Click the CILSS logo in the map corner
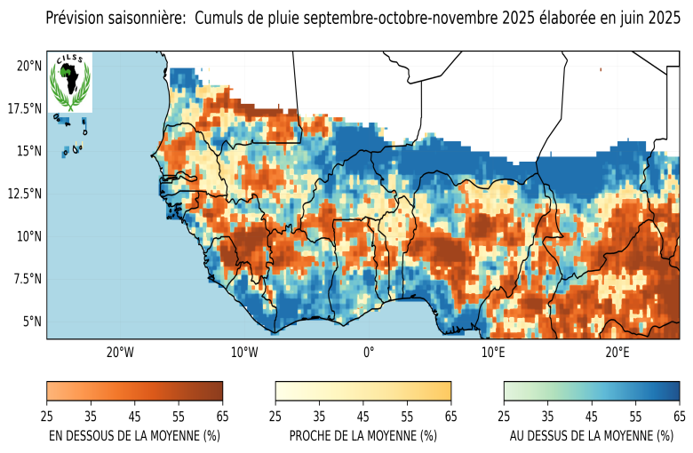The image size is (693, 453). click(x=69, y=82)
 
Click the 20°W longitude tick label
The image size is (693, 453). click(x=119, y=353)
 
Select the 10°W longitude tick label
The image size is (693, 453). click(x=243, y=353)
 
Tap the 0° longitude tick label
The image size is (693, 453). click(x=368, y=353)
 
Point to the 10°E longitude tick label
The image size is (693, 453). click(x=493, y=353)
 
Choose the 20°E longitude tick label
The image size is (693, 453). click(x=617, y=353)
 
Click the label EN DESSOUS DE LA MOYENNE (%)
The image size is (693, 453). click(x=134, y=436)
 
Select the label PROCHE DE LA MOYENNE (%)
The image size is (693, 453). click(x=363, y=436)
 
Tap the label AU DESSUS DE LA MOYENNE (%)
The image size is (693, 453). click(x=592, y=436)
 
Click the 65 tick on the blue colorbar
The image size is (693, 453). click(x=680, y=415)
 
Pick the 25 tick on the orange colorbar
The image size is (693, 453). click(x=46, y=415)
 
